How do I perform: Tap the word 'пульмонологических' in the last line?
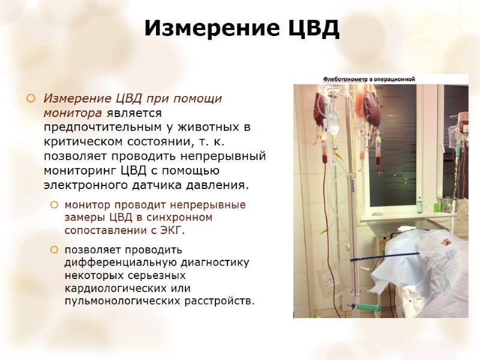point(120,299)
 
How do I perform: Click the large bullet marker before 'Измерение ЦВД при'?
point(31,98)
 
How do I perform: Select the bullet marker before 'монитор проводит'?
point(55,205)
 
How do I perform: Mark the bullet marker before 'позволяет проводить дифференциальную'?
point(55,249)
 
